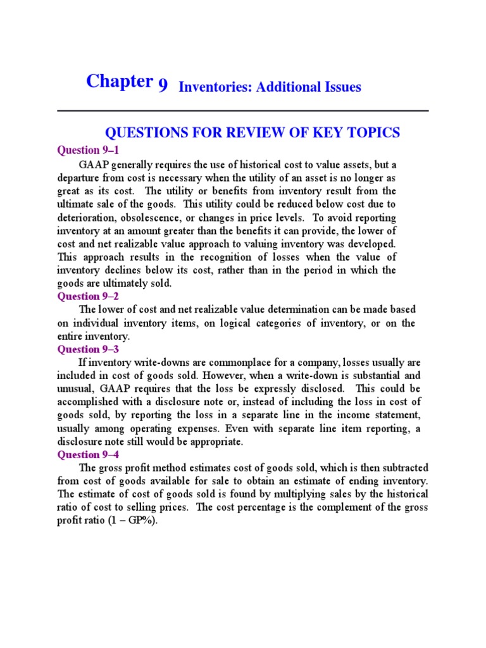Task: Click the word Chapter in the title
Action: pyautogui.click(x=120, y=82)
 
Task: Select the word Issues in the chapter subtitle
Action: pyautogui.click(x=340, y=87)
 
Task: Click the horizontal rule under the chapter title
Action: pyautogui.click(x=243, y=111)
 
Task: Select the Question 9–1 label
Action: pyautogui.click(x=88, y=150)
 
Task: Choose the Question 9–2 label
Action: pyautogui.click(x=88, y=296)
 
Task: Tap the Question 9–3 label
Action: pyautogui.click(x=88, y=349)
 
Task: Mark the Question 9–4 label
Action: pyautogui.click(x=88, y=454)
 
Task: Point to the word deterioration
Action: pyautogui.click(x=85, y=216)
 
